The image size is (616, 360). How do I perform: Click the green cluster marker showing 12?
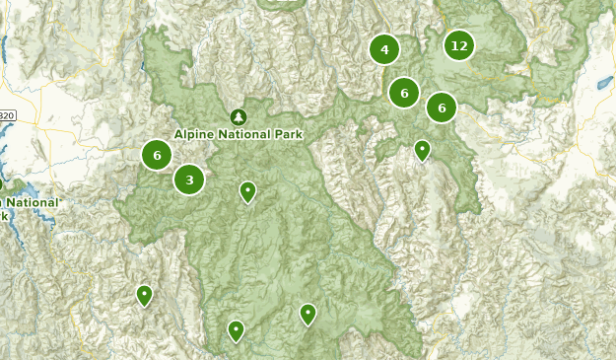pos(458,45)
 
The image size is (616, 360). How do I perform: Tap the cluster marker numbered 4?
pos(384,48)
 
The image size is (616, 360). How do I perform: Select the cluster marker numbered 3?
pos(189,180)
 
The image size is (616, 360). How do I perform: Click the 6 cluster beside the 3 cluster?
pos(157,155)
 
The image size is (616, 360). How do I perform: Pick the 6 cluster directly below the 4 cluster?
pos(404,93)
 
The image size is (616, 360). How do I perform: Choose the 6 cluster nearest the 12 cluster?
pos(442,107)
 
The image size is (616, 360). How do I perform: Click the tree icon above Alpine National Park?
pos(238,116)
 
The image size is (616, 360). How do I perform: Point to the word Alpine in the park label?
pos(197,134)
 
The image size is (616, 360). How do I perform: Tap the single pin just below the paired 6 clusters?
pos(422,151)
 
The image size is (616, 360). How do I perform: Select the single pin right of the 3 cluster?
pos(248,191)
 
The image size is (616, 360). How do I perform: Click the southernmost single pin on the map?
pos(236,330)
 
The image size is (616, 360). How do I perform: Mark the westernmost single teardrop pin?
pos(145,294)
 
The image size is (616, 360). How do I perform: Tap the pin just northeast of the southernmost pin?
pos(308,314)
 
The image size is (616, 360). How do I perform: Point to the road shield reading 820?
pos(6,115)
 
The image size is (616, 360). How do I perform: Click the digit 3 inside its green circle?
pos(189,180)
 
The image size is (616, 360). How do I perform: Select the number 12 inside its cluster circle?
pos(458,45)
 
